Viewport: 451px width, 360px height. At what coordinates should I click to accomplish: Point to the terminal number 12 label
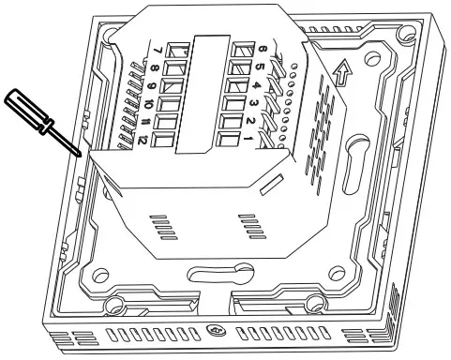[x=141, y=141]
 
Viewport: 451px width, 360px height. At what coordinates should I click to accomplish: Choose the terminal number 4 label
[x=256, y=85]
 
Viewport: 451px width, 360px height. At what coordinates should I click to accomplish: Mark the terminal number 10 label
[x=148, y=104]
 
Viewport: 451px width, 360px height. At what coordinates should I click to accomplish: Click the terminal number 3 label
[x=254, y=104]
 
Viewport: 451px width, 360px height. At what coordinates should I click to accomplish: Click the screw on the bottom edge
[x=214, y=330]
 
